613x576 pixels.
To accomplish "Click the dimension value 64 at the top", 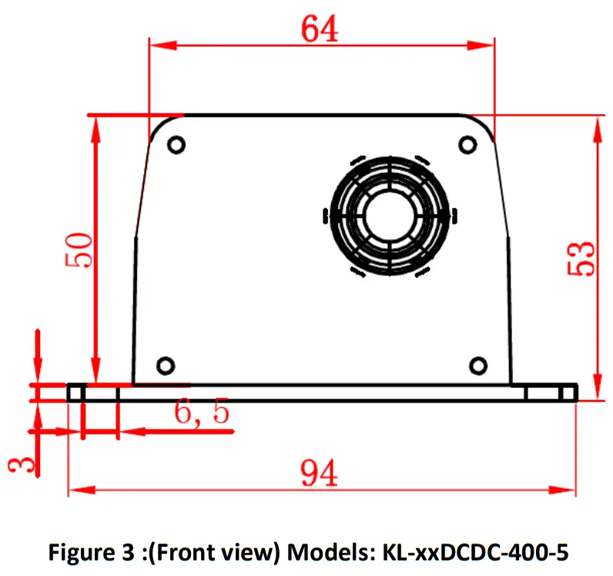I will point(320,29).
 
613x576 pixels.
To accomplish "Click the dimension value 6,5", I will point(202,414).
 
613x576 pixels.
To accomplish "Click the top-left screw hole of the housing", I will point(176,144).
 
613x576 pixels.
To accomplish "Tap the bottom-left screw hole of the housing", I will point(165,365).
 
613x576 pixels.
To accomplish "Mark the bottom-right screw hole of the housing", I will point(478,365).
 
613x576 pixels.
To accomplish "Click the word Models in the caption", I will point(324,552).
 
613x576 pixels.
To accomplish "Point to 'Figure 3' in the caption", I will point(82,552).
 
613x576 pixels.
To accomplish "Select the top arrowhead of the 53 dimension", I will point(598,125).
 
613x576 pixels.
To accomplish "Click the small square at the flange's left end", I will point(75,393).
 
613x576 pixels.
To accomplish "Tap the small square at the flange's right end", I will point(568,393).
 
